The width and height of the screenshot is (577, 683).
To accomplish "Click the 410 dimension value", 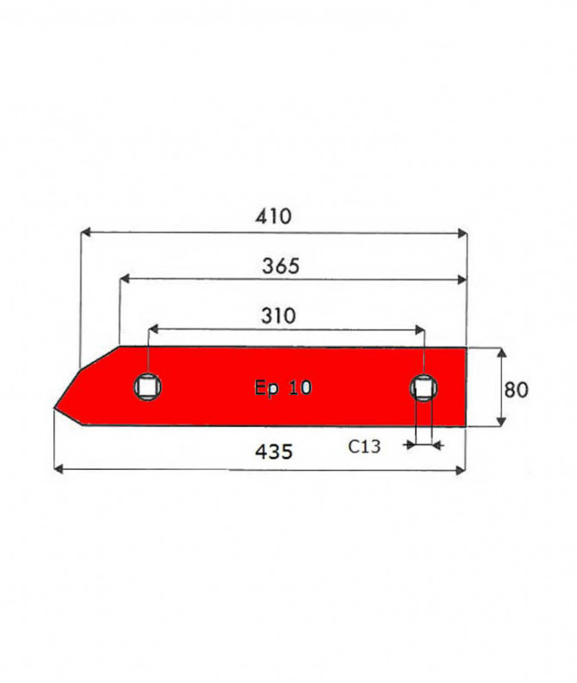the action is tap(273, 216).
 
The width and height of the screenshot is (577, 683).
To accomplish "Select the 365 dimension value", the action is tap(281, 266).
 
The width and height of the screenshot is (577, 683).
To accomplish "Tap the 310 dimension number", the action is tap(278, 316).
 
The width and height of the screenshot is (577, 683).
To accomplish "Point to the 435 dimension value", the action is tap(274, 452).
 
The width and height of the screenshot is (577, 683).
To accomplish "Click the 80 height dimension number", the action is tap(516, 390).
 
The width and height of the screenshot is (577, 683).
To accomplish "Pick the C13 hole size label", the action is tap(364, 447).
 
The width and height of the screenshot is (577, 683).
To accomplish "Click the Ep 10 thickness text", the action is tap(282, 387).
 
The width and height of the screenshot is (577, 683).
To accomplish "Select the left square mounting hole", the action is tap(147, 387).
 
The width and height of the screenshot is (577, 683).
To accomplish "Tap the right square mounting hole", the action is tap(424, 388).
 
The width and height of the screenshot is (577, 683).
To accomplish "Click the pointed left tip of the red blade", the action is tap(54, 408).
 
